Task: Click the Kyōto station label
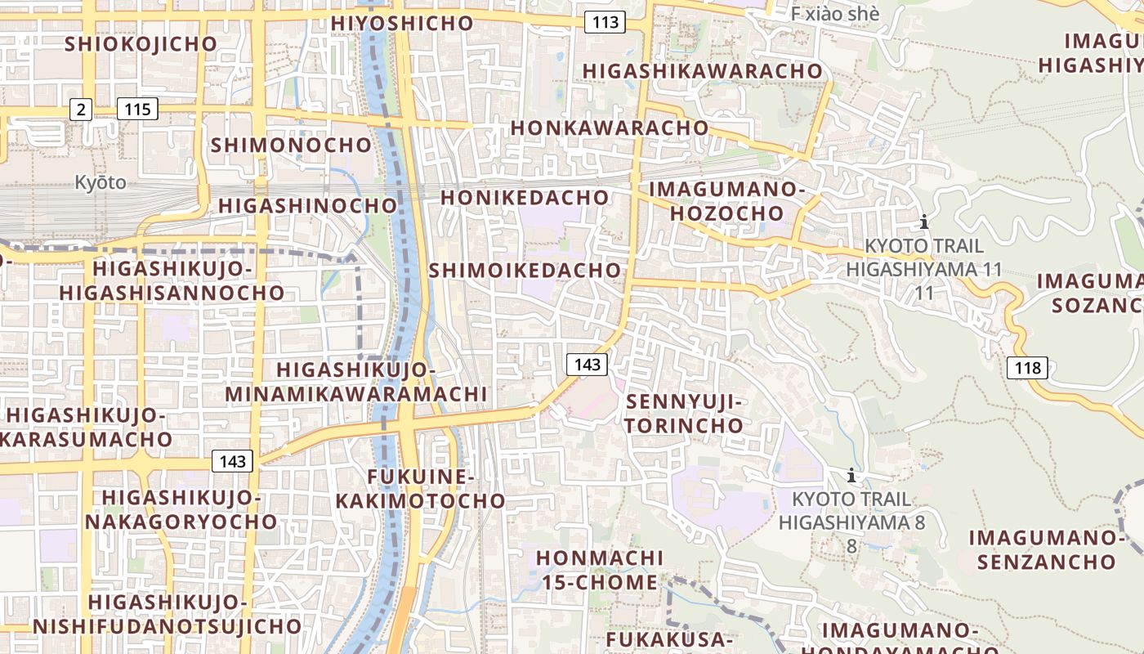tap(101, 182)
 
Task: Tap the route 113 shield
tap(605, 22)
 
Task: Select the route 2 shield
tap(80, 109)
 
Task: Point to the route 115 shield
tap(136, 109)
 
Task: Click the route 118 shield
tap(1027, 368)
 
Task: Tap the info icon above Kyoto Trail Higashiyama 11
tap(924, 222)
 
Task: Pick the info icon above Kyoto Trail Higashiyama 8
tap(851, 475)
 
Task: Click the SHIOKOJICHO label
tap(141, 44)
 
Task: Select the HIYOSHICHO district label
tap(402, 23)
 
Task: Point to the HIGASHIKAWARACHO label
tap(702, 71)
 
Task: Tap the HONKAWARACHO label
tap(610, 128)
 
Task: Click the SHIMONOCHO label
tap(291, 146)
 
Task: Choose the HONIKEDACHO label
tap(525, 198)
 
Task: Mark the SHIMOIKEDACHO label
tap(525, 270)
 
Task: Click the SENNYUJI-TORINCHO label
tap(685, 414)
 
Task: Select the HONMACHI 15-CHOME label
tap(600, 570)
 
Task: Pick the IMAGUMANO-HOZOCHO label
tap(726, 201)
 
